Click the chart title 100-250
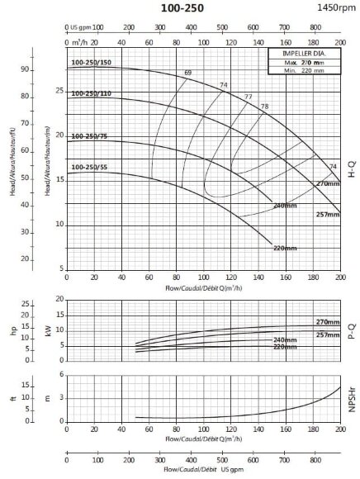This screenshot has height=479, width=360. pyautogui.click(x=179, y=7)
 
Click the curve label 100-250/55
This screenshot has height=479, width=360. pyautogui.click(x=89, y=168)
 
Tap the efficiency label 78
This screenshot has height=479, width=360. pyautogui.click(x=264, y=107)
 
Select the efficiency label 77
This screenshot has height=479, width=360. pyautogui.click(x=249, y=97)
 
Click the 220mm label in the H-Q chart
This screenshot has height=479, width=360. pyautogui.click(x=285, y=247)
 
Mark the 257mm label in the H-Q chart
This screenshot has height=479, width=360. pyautogui.click(x=328, y=215)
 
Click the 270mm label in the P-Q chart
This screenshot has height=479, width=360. pyautogui.click(x=328, y=321)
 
